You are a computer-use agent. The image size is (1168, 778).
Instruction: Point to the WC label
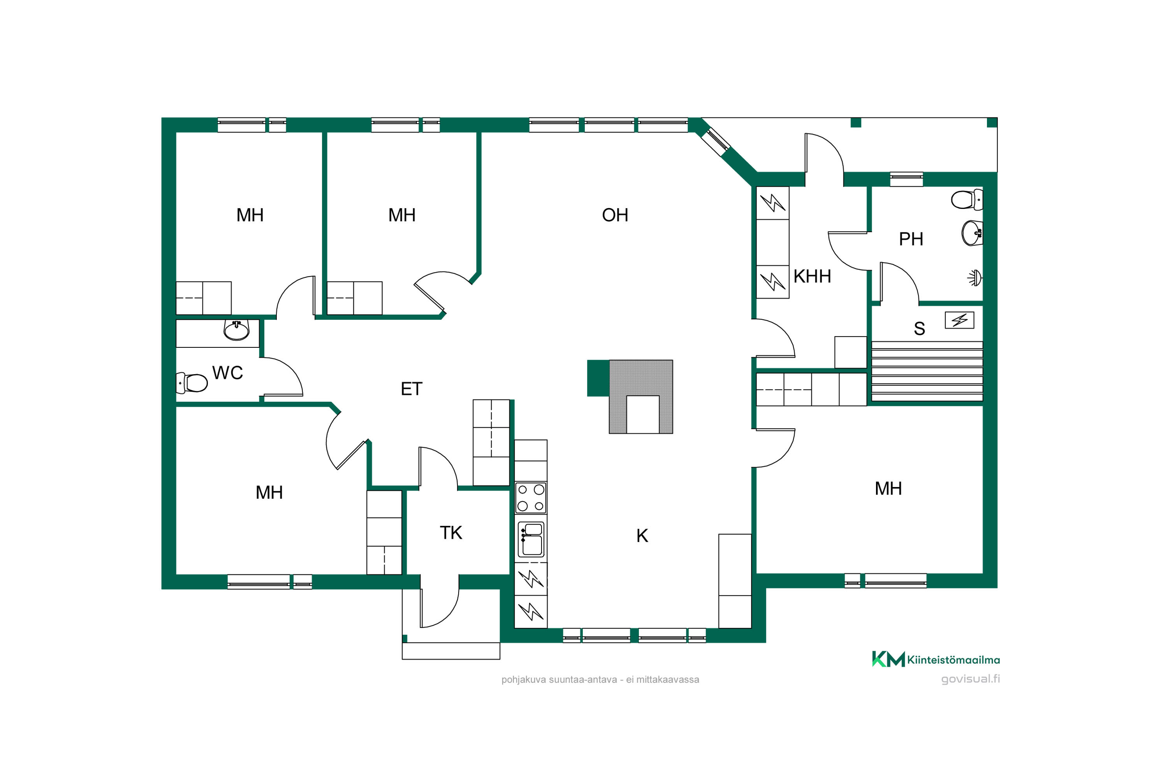point(227,373)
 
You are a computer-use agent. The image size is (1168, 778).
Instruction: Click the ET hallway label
point(411,389)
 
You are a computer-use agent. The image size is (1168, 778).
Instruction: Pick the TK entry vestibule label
point(451,533)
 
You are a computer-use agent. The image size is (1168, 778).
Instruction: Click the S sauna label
point(919,328)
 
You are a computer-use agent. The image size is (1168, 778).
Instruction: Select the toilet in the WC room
point(192,382)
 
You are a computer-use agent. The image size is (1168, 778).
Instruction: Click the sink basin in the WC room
point(236,330)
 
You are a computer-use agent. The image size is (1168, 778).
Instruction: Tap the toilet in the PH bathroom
point(966,200)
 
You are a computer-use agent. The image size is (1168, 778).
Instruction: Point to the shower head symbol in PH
point(975,278)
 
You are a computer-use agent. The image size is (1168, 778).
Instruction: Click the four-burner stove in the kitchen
point(531,498)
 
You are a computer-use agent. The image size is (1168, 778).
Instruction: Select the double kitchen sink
point(531,539)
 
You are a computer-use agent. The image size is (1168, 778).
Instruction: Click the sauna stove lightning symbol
point(959,320)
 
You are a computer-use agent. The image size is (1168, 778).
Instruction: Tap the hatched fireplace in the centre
point(640,397)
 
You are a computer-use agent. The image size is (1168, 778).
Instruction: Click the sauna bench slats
point(927,371)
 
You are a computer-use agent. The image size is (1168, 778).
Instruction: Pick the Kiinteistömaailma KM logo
point(936,659)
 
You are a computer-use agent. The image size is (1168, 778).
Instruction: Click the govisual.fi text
point(970,679)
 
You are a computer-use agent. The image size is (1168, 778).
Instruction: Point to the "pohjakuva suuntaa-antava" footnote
point(559,680)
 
